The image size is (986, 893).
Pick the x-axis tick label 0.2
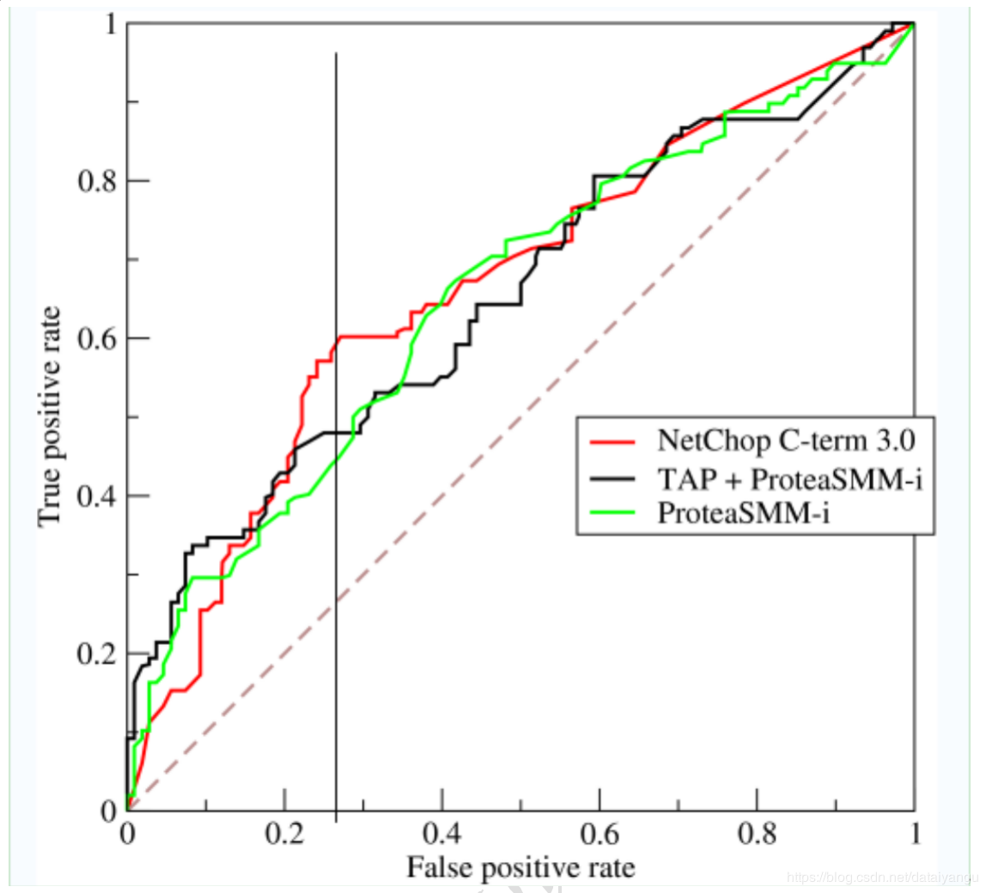pos(284,835)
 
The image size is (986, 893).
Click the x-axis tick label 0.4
pos(441,835)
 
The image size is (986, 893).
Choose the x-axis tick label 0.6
pos(599,835)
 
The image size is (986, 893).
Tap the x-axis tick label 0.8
pos(756,835)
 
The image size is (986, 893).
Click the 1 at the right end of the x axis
pos(914,835)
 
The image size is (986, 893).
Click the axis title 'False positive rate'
pos(520,867)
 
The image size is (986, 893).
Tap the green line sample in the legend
pos(613,513)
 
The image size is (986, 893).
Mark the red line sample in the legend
pos(613,441)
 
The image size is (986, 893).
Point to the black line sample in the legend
pos(613,477)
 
